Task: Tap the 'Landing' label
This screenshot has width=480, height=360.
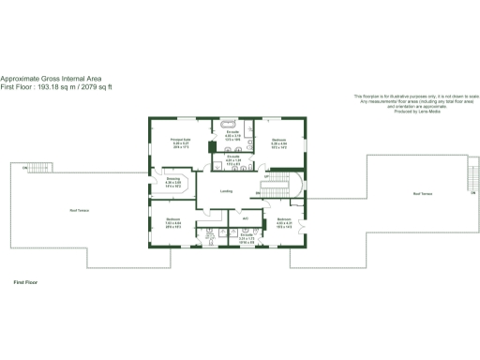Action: (x=226, y=191)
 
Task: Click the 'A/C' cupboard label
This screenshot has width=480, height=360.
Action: (x=245, y=218)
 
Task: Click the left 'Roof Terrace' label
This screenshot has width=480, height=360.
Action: (x=63, y=210)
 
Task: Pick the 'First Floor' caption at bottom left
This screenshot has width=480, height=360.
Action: (x=25, y=281)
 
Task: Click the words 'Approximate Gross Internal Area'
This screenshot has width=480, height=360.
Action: (x=52, y=79)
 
